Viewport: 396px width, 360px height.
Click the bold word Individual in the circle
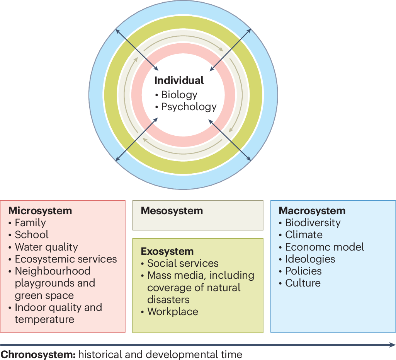pyautogui.click(x=179, y=80)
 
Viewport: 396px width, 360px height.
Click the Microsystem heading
pyautogui.click(x=40, y=211)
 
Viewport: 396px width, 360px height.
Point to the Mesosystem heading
pyautogui.click(x=172, y=211)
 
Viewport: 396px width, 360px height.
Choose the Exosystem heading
pyautogui.click(x=167, y=251)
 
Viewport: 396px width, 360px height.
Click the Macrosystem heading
pyautogui.click(x=312, y=211)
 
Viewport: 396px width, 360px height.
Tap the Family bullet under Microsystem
pyautogui.click(x=30, y=223)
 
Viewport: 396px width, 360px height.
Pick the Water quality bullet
pyautogui.click(x=46, y=247)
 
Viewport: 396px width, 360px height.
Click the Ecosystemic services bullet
pyautogui.click(x=66, y=259)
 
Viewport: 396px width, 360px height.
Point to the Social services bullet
pyautogui.click(x=183, y=263)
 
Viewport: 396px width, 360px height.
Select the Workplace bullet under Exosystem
pyautogui.click(x=173, y=312)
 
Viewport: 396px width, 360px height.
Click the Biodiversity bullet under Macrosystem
pyautogui.click(x=313, y=223)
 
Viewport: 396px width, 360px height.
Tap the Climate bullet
pyautogui.click(x=304, y=235)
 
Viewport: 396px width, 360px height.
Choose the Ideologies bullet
pyautogui.click(x=310, y=259)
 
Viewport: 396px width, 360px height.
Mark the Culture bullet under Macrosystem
pyautogui.click(x=303, y=283)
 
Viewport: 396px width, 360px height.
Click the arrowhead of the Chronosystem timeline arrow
pyautogui.click(x=393, y=345)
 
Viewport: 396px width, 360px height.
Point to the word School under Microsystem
pyautogui.click(x=32, y=235)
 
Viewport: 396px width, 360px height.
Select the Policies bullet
pyautogui.click(x=303, y=271)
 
